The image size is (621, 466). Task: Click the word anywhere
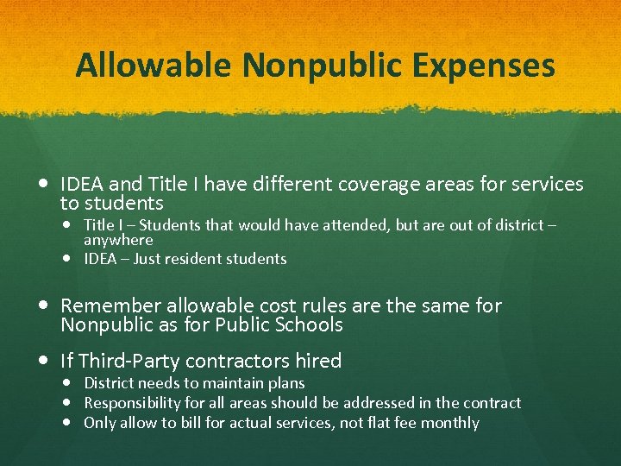pyautogui.click(x=118, y=240)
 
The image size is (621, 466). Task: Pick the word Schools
pyautogui.click(x=310, y=325)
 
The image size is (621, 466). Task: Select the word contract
pyautogui.click(x=492, y=403)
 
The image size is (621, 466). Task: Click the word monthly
pyautogui.click(x=450, y=423)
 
